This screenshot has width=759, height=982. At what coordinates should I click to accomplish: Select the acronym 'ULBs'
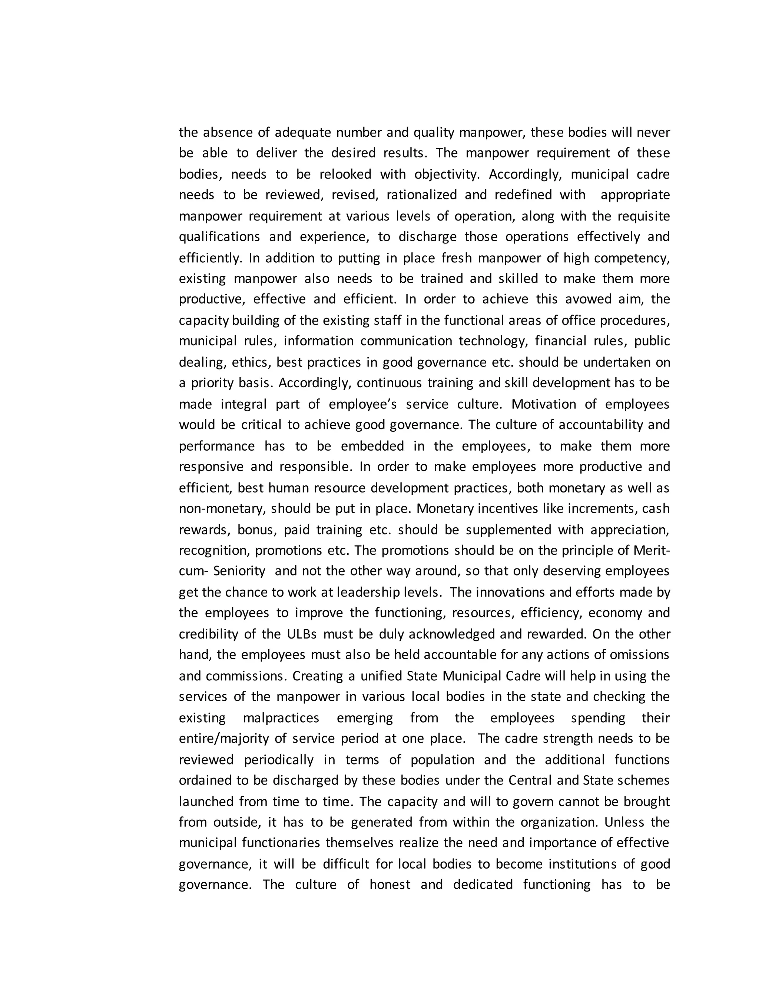(302, 634)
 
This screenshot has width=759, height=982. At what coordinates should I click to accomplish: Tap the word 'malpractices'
(281, 718)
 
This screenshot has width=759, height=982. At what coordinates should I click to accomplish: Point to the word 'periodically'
(279, 760)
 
